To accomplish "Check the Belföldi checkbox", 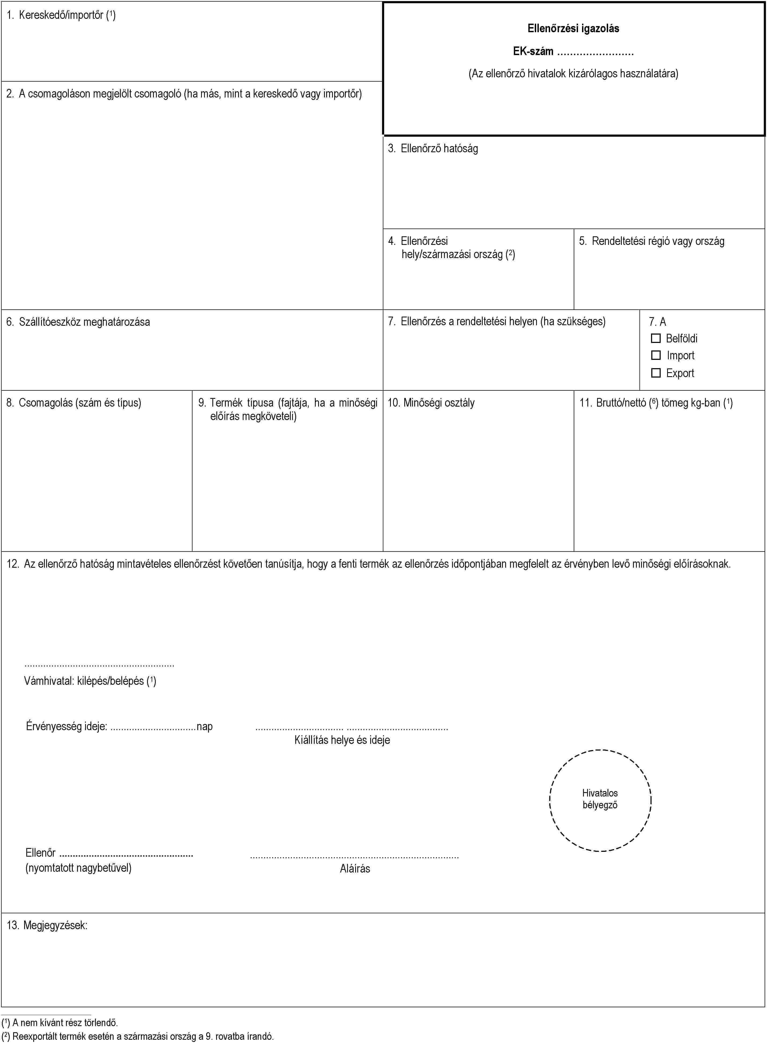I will coord(656,338).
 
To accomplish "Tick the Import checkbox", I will coord(656,355).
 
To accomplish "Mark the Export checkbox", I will coord(656,373).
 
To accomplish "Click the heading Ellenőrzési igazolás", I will coord(573,28).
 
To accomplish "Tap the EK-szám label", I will coord(533,51).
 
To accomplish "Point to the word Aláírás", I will coord(355,868).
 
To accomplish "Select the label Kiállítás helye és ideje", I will coord(342,740).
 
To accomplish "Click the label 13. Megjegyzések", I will coord(47,925).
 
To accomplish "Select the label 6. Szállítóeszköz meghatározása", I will coord(78,322).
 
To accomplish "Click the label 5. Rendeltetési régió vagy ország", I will coord(651,241).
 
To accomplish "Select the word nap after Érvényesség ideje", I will coord(205,726).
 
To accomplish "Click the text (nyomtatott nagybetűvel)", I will coord(78,867).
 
